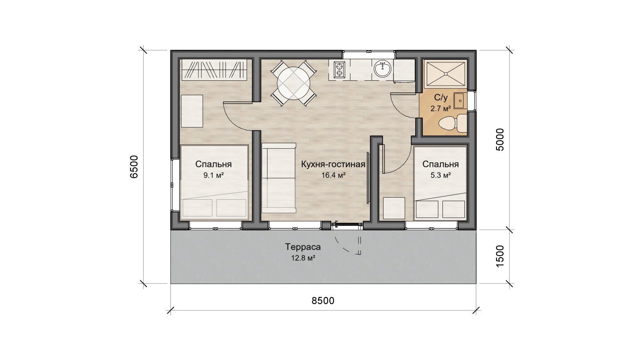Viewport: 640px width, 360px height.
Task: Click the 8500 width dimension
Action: pos(323,301)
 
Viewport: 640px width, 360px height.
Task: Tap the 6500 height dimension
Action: pos(134,167)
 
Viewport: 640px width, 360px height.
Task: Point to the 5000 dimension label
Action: pos(500,140)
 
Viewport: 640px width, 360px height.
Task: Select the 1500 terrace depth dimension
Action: pos(500,256)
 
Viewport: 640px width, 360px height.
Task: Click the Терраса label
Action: pos(303,247)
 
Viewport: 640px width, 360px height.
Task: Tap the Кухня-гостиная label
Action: pos(333,164)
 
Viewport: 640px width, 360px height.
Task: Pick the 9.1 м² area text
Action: pos(214,176)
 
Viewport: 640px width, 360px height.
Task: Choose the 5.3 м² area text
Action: pos(440,176)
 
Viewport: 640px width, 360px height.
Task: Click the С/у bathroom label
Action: pos(441,98)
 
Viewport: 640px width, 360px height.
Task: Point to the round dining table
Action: pos(294,82)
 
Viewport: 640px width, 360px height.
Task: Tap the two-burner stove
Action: pos(340,70)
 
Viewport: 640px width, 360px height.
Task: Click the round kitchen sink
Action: pos(382,68)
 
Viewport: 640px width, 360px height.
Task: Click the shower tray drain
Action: pos(445,74)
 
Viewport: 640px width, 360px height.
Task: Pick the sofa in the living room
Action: pos(279,178)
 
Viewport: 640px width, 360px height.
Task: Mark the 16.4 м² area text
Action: pos(334,176)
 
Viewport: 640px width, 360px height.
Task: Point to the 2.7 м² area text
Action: pos(440,109)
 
